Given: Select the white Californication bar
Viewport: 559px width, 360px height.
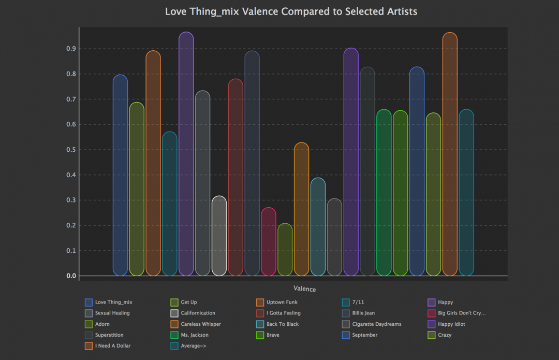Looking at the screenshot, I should click(219, 236).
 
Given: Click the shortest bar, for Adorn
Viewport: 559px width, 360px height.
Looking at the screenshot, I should click(285, 250).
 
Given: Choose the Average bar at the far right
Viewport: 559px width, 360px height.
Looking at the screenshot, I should click(466, 192).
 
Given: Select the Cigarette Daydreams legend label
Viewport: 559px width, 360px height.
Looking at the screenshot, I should click(376, 324).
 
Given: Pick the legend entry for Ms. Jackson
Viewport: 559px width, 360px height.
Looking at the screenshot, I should click(195, 335).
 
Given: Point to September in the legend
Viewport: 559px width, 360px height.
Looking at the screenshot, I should click(365, 335).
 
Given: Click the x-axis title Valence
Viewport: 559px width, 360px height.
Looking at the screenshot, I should click(304, 289).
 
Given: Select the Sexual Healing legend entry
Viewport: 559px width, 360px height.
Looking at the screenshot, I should click(112, 313).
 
